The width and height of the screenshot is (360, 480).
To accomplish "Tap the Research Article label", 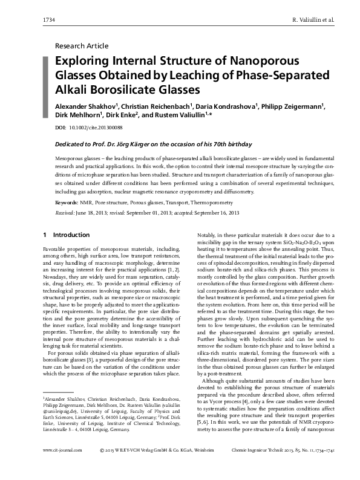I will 82,46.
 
